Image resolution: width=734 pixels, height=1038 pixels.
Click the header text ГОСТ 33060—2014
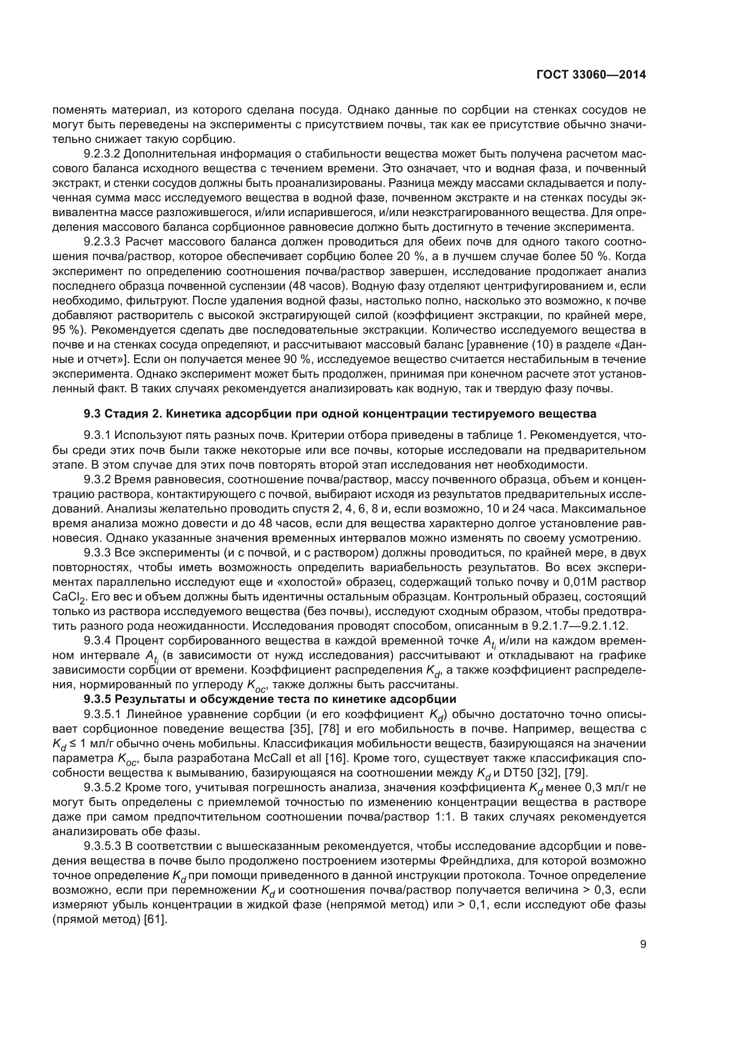(x=591, y=75)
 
